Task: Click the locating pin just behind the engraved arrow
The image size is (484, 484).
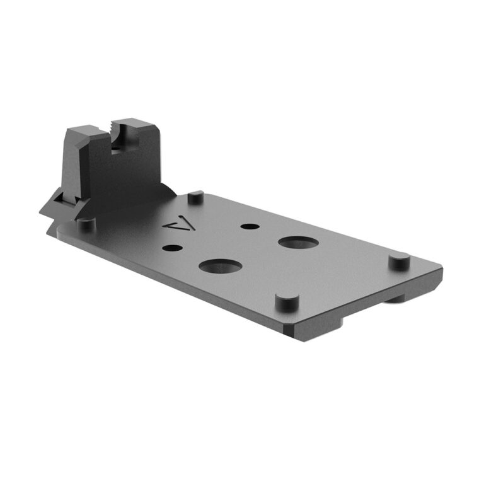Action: (x=195, y=197)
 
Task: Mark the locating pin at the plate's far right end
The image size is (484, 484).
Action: (x=398, y=259)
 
